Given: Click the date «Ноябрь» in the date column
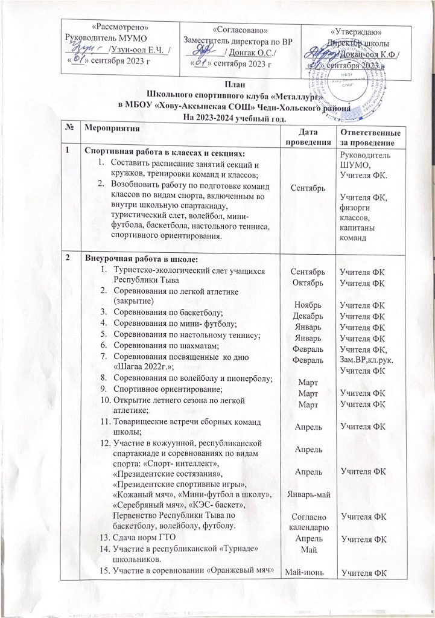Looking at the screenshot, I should [x=308, y=304].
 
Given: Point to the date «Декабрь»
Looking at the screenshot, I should [x=308, y=316].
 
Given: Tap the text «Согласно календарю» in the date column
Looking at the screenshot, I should [x=310, y=522].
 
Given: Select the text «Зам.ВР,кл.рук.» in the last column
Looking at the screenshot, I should [x=369, y=362].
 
